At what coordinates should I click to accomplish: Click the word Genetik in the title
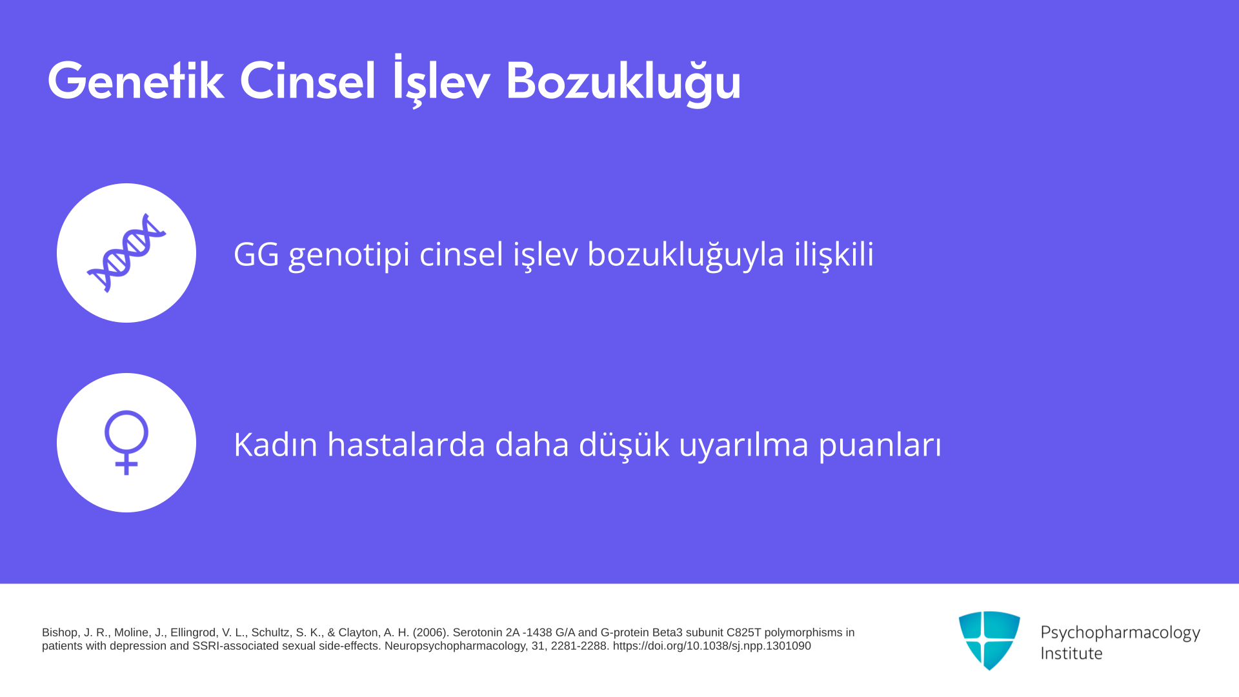point(136,81)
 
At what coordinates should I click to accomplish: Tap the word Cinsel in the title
point(307,81)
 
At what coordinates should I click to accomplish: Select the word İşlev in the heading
point(441,81)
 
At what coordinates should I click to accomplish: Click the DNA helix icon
point(126,253)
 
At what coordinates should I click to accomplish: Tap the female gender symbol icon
point(126,443)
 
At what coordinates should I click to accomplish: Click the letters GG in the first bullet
point(256,254)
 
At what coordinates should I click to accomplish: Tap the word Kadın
point(276,445)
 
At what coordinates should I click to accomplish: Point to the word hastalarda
point(407,445)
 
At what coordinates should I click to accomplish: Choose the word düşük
point(624,445)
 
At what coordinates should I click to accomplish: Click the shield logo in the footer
point(989,640)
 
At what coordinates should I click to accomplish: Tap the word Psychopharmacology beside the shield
point(1120,633)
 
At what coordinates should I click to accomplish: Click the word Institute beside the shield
point(1072,653)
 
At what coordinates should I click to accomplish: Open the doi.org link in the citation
point(712,646)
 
